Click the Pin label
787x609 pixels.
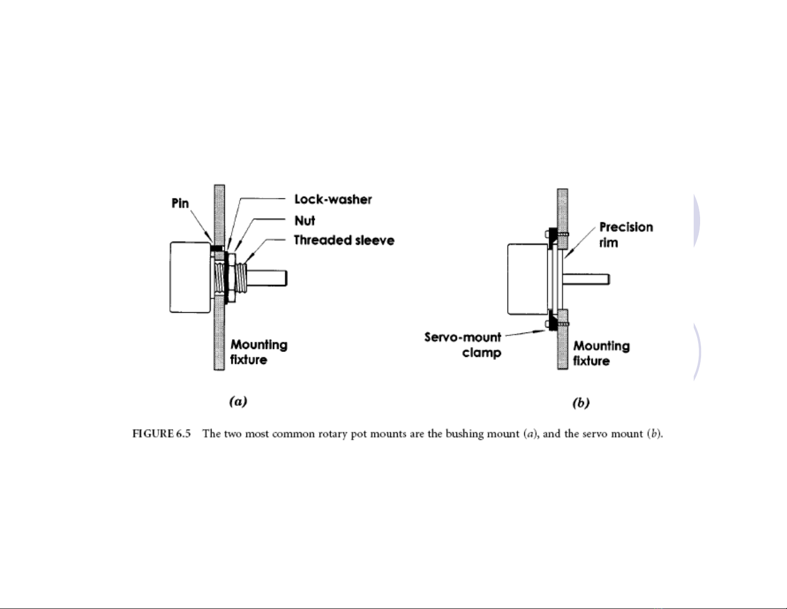click(180, 203)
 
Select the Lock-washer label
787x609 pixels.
click(333, 199)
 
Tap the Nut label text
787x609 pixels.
click(304, 220)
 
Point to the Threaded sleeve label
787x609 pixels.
click(344, 240)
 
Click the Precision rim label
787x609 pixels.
click(626, 235)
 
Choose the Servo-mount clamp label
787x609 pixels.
click(463, 345)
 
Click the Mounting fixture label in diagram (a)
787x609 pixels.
click(259, 351)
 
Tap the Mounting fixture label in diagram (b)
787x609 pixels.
click(601, 353)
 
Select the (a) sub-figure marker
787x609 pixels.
click(238, 401)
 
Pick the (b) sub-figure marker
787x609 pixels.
click(581, 403)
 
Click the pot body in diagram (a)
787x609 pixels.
click(190, 277)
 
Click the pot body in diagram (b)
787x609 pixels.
click(528, 279)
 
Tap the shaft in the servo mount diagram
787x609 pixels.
click(586, 279)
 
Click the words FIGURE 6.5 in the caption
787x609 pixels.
click(161, 434)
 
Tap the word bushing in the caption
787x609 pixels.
click(464, 434)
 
